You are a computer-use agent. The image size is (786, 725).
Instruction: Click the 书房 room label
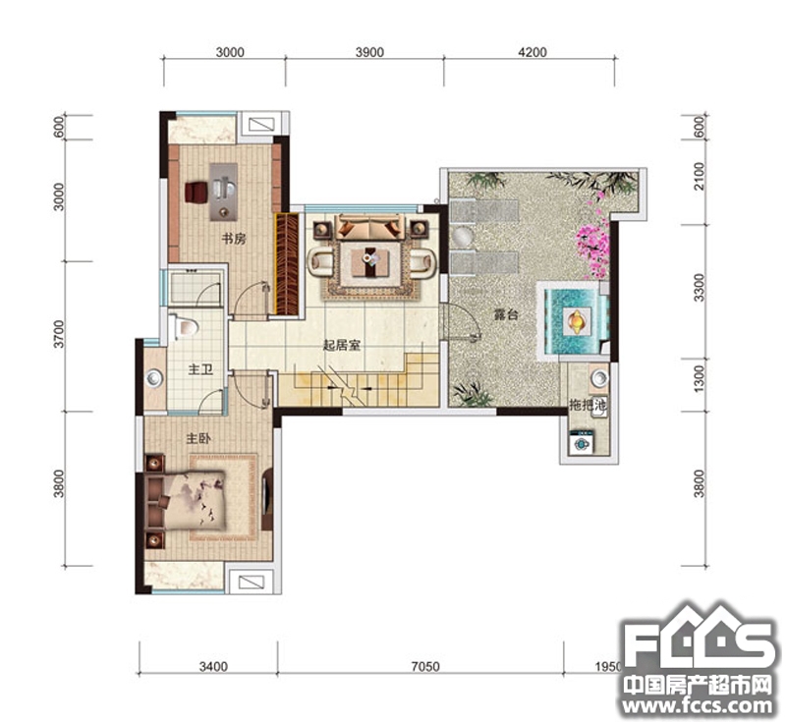(x=234, y=239)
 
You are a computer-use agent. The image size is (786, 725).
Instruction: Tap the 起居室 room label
(x=341, y=345)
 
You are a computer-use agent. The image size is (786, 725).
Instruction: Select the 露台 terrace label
(x=506, y=315)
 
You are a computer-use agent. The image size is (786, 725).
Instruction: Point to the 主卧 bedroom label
(x=198, y=438)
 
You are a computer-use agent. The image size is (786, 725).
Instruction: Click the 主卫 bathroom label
(x=200, y=369)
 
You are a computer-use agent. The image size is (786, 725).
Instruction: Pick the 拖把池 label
(x=588, y=404)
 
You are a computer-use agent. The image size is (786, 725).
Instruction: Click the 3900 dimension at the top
(x=369, y=52)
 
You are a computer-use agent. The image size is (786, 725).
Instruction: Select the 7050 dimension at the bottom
(x=425, y=666)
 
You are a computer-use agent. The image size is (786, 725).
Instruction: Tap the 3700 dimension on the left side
(x=60, y=333)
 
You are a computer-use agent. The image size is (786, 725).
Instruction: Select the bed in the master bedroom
(x=187, y=500)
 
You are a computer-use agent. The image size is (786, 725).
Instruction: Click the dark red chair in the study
(x=196, y=192)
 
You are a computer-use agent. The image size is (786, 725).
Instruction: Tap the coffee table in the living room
(x=370, y=261)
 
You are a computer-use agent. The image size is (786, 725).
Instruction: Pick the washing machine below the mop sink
(x=582, y=443)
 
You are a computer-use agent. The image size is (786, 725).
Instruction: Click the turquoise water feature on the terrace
(x=574, y=320)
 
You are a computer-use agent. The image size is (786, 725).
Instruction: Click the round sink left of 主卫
(x=154, y=378)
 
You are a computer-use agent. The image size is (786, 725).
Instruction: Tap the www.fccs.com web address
(x=698, y=706)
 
